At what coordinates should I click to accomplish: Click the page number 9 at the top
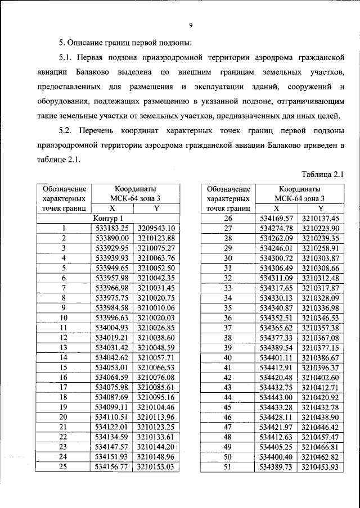[x=191, y=25]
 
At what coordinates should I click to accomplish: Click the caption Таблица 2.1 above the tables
[x=322, y=174]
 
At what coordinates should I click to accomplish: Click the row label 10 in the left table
[x=64, y=317]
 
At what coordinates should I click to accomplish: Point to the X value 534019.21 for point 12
[x=112, y=338]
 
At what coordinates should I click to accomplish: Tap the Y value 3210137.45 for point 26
[x=321, y=218]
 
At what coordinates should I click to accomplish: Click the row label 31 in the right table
[x=228, y=268]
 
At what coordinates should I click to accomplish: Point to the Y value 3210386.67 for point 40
[x=321, y=357]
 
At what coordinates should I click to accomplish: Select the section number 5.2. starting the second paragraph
[x=67, y=131]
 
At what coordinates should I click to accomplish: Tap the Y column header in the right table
[x=321, y=208]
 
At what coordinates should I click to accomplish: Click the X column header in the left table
[x=112, y=208]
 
